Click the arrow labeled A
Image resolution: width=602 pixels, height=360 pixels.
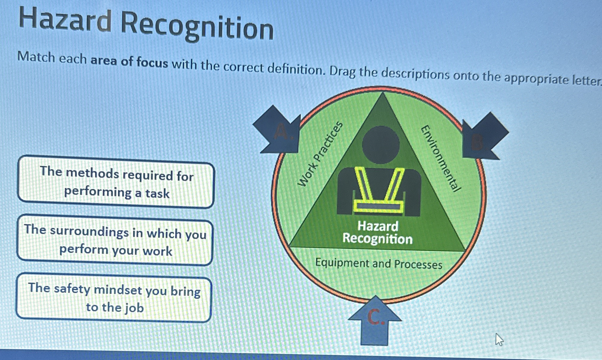point(278,130)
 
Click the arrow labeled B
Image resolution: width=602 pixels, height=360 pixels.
point(483,137)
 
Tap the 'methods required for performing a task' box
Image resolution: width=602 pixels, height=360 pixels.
point(116,182)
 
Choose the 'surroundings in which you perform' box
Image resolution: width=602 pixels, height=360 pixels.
point(115,240)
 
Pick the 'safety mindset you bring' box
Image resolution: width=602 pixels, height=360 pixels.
point(114,298)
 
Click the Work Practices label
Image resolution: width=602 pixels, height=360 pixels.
point(320,154)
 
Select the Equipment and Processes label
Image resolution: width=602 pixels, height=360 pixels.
point(379,264)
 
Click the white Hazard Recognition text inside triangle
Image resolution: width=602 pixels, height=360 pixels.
point(377,232)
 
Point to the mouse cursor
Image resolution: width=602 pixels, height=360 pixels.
point(499,339)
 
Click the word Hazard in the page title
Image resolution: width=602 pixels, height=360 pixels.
point(65,20)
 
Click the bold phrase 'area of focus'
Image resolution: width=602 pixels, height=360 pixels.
point(129,62)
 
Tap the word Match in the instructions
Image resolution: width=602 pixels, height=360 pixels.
point(37,57)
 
